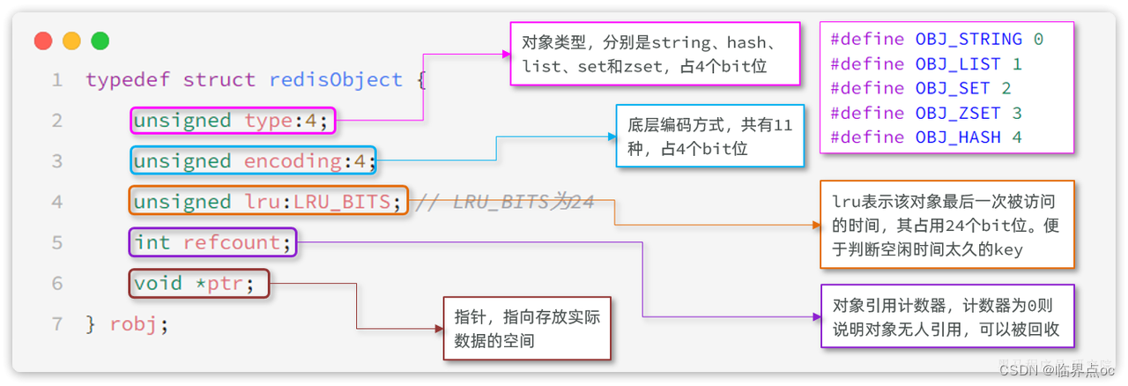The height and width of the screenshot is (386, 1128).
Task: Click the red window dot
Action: pyautogui.click(x=43, y=41)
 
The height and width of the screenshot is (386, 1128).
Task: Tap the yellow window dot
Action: pyautogui.click(x=71, y=41)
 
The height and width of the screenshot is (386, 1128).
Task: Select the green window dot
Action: pyautogui.click(x=100, y=41)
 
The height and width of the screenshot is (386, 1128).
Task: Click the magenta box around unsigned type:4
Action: pyautogui.click(x=234, y=121)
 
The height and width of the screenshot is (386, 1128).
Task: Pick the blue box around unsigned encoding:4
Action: pyautogui.click(x=254, y=161)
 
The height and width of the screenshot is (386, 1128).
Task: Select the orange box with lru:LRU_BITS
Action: pyautogui.click(x=269, y=202)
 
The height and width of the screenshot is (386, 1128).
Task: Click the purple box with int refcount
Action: pyautogui.click(x=212, y=242)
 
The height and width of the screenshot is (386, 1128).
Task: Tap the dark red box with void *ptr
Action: pyautogui.click(x=199, y=283)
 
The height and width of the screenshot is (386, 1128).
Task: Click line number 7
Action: pyautogui.click(x=57, y=323)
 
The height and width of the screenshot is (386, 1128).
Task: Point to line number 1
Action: pyautogui.click(x=57, y=80)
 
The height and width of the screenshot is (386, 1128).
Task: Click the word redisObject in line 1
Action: pyautogui.click(x=336, y=80)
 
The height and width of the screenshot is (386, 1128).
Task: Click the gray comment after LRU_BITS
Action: pyautogui.click(x=504, y=202)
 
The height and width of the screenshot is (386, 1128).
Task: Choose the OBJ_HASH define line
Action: pyautogui.click(x=926, y=137)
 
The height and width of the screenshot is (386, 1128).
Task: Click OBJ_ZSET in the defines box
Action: pyautogui.click(x=958, y=113)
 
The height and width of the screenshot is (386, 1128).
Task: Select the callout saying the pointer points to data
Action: pyautogui.click(x=527, y=328)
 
